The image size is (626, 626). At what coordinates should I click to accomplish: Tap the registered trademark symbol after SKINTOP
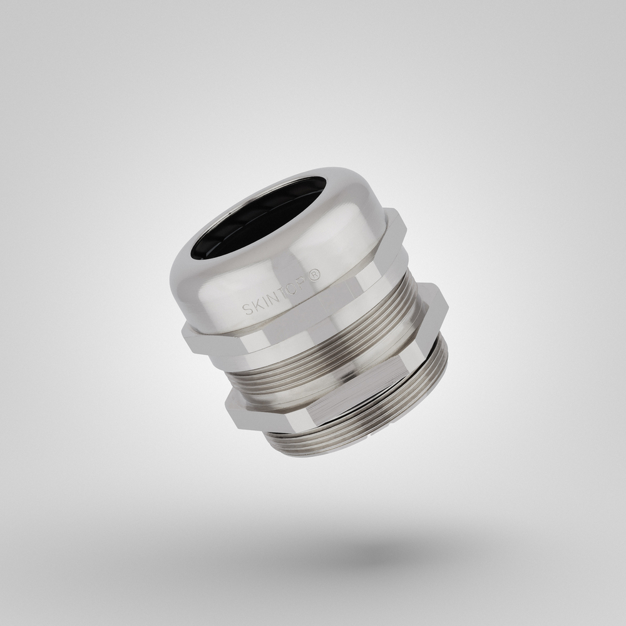pos(315,275)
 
